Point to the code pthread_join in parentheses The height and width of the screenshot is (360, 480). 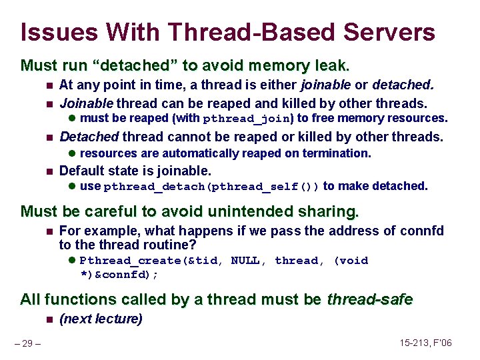click(x=247, y=119)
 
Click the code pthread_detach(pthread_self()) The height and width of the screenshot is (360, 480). click(x=212, y=187)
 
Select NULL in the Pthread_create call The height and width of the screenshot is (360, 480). click(x=247, y=261)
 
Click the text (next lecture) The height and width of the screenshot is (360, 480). click(x=101, y=319)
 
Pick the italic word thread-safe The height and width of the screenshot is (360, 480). click(x=369, y=299)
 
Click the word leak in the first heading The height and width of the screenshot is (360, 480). click(x=332, y=65)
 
